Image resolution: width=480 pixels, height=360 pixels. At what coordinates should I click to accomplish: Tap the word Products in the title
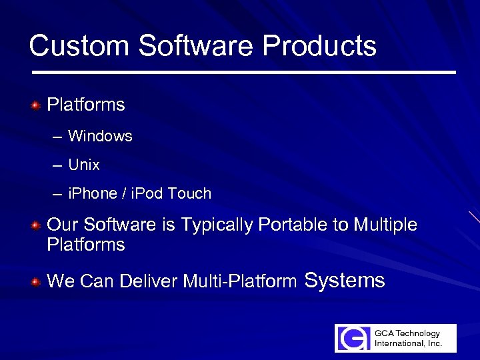pyautogui.click(x=319, y=47)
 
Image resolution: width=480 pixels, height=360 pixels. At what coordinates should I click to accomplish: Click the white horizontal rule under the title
pyautogui.click(x=243, y=72)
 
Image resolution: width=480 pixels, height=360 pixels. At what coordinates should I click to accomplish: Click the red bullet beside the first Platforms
pyautogui.click(x=37, y=105)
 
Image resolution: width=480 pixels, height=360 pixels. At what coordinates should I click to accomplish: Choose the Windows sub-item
pyautogui.click(x=100, y=136)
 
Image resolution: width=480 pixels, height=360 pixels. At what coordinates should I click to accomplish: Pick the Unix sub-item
pyautogui.click(x=84, y=165)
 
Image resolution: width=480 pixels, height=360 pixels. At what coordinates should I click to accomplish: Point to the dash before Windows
pyautogui.click(x=57, y=137)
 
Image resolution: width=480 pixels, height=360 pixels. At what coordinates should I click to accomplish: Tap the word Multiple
pyautogui.click(x=385, y=225)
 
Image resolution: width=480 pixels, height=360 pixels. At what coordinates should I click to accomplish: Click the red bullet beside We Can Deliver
pyautogui.click(x=37, y=282)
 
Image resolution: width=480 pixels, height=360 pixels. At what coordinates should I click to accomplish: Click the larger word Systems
pyautogui.click(x=345, y=280)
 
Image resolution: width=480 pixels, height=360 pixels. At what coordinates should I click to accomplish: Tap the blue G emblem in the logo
pyautogui.click(x=353, y=338)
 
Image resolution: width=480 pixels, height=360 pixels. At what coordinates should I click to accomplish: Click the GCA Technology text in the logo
pyautogui.click(x=407, y=333)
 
